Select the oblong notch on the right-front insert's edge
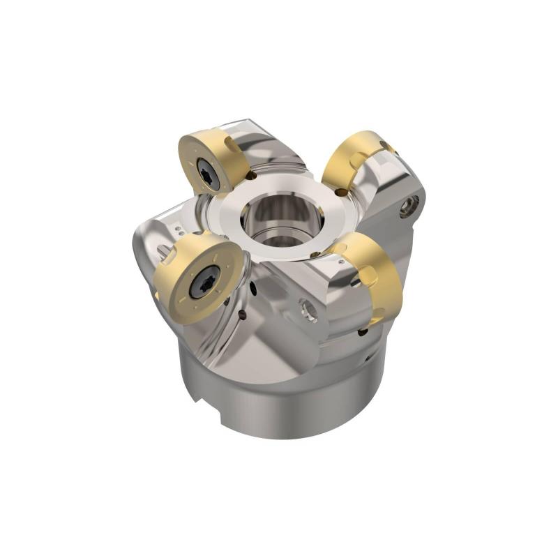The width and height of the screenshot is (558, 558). point(368,277)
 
